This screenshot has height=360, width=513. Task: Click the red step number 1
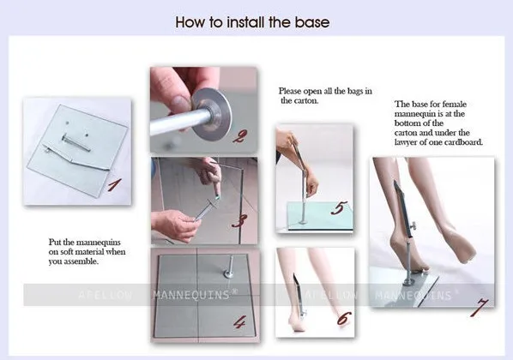[114, 185]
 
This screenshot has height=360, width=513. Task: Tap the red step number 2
[240, 135]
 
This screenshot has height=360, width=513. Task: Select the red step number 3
[239, 220]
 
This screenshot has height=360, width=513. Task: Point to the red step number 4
[240, 322]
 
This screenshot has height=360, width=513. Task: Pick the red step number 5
[339, 208]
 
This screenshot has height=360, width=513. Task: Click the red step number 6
[343, 319]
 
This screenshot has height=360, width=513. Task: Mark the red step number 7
[480, 307]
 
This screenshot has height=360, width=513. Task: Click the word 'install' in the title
[245, 22]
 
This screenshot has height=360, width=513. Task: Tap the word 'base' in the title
[312, 22]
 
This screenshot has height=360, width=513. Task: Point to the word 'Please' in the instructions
[290, 91]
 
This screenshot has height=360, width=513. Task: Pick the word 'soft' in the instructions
[67, 252]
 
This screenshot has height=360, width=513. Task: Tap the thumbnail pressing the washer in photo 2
[178, 103]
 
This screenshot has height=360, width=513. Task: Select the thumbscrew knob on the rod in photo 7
[413, 225]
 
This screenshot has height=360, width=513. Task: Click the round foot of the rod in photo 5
[304, 222]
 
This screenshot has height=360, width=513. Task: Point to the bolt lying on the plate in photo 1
[75, 143]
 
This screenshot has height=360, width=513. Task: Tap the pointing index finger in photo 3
[215, 187]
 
